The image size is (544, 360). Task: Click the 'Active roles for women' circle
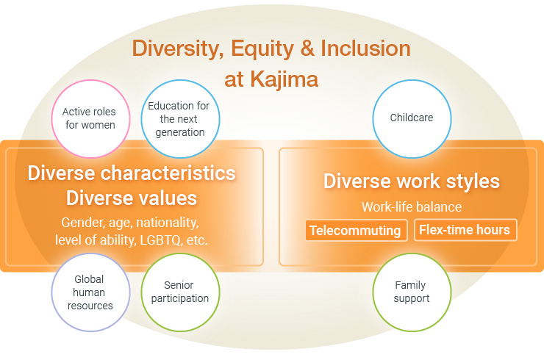(x=89, y=119)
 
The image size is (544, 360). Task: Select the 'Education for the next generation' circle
(x=179, y=119)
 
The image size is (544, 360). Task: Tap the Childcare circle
(x=411, y=118)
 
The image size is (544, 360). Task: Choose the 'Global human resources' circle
(x=89, y=292)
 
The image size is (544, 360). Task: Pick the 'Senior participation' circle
(x=179, y=292)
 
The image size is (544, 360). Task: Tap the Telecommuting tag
(x=355, y=231)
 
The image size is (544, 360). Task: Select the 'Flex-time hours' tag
(x=464, y=230)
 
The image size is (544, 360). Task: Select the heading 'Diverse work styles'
(x=411, y=181)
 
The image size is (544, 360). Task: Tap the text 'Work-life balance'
(x=411, y=207)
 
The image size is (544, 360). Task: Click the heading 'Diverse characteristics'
(x=132, y=173)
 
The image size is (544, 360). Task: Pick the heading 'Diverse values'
(x=132, y=198)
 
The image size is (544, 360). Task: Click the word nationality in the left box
(x=170, y=222)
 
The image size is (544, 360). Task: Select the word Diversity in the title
(x=176, y=48)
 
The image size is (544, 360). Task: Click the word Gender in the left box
(x=82, y=222)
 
